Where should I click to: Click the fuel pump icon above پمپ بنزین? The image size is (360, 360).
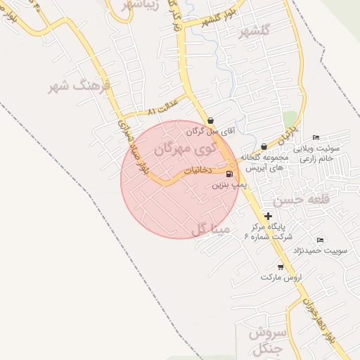click(x=229, y=173)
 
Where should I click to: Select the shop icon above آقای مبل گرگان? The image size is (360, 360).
click(x=212, y=120)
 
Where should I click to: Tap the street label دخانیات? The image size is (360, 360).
click(x=198, y=170)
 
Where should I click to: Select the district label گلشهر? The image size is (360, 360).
click(x=255, y=32)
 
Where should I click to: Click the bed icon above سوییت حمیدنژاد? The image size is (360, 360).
click(x=321, y=240)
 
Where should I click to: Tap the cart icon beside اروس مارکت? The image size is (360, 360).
click(x=281, y=266)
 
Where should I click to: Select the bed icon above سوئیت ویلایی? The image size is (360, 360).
click(x=316, y=136)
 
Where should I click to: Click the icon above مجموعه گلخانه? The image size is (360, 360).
click(x=264, y=146)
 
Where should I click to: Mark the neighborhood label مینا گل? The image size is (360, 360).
click(x=210, y=229)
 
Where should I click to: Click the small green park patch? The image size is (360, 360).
click(x=289, y=117)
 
